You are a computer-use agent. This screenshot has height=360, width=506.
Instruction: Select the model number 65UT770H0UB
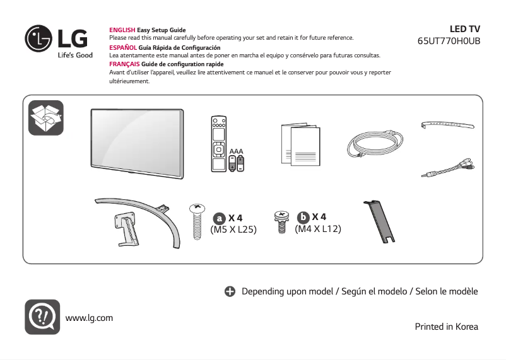pyautogui.click(x=449, y=41)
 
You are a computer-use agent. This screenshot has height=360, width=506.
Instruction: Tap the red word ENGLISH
pyautogui.click(x=122, y=30)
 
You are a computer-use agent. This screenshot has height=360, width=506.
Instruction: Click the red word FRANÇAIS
pyautogui.click(x=124, y=64)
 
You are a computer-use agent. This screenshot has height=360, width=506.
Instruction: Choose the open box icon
pyautogui.click(x=45, y=117)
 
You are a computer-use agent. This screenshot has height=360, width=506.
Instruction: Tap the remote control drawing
pyautogui.click(x=219, y=144)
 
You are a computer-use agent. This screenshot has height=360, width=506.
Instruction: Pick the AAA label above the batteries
pyautogui.click(x=237, y=152)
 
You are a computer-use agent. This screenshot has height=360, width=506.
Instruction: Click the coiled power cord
pyautogui.click(x=373, y=146)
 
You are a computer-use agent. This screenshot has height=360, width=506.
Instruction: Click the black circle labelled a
pyautogui.click(x=219, y=218)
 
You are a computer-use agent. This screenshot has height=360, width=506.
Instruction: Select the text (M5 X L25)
pyautogui.click(x=233, y=230)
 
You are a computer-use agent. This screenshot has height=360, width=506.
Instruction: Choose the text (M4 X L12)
pyautogui.click(x=318, y=229)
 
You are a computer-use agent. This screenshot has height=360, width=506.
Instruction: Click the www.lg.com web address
pyautogui.click(x=89, y=318)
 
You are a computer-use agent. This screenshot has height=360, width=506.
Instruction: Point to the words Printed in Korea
pyautogui.click(x=446, y=327)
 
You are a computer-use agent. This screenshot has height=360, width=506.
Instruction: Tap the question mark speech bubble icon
pyautogui.click(x=42, y=316)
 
